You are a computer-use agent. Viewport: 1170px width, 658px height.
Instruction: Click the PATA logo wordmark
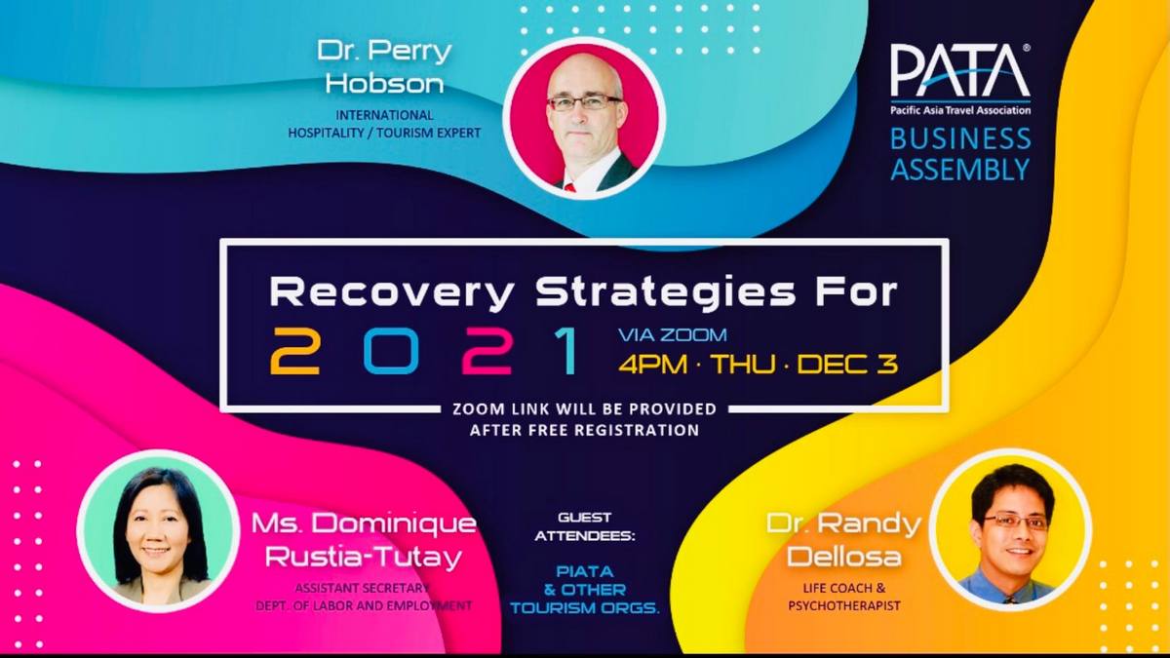960,71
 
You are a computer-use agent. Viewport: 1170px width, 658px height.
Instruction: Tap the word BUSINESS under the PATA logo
960,138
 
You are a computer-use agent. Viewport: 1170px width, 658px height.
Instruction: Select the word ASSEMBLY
960,169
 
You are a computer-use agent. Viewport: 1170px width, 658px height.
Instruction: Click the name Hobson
384,83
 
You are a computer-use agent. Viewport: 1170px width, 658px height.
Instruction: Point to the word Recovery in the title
391,293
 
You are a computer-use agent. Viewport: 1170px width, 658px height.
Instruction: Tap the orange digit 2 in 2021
294,350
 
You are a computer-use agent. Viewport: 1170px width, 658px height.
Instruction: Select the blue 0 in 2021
391,350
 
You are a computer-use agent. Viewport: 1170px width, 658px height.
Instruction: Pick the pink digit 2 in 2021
487,350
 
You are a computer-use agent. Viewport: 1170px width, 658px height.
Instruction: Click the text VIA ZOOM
672,334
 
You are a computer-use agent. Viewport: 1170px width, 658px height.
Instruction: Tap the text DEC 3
847,364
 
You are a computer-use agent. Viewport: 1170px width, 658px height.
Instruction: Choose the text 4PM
653,364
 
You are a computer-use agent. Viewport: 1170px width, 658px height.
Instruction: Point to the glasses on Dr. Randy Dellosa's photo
1015,522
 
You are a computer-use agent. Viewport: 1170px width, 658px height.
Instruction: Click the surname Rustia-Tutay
364,557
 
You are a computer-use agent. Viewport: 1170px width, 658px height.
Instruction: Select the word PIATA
584,571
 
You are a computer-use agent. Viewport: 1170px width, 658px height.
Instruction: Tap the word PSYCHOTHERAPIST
844,605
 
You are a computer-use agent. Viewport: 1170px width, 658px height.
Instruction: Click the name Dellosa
844,557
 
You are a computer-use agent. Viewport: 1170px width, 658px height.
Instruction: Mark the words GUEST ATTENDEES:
584,527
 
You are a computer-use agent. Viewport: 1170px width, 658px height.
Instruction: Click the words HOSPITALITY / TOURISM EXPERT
384,133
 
